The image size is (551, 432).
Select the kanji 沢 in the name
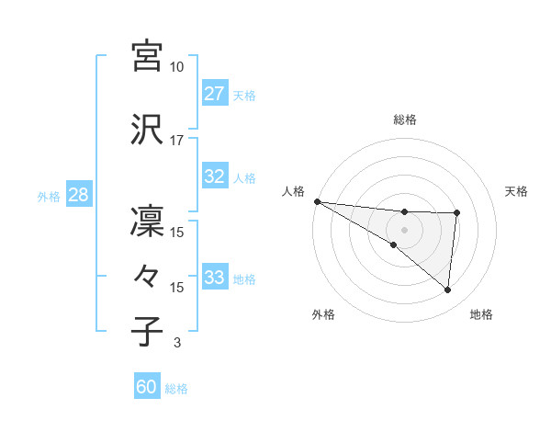coord(147,129)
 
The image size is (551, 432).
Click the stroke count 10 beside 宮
coord(176,67)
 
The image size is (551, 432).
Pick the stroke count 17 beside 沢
coord(176,141)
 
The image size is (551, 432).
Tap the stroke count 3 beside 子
coord(176,343)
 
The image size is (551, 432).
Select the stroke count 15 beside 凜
coord(176,233)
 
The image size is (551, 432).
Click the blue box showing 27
coord(214,94)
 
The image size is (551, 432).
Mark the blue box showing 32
coord(214,176)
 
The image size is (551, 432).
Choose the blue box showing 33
coord(214,278)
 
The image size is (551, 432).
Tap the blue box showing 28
coord(78,195)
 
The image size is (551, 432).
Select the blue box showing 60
coord(147,387)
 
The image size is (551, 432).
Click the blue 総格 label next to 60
coord(176,389)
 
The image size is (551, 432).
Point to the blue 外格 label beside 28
coord(49,196)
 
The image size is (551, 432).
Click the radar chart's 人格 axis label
coord(293,191)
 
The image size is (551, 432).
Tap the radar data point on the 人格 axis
coord(317,201)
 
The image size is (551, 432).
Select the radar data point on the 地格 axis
coord(447,290)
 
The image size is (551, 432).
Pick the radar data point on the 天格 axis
coord(456,213)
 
